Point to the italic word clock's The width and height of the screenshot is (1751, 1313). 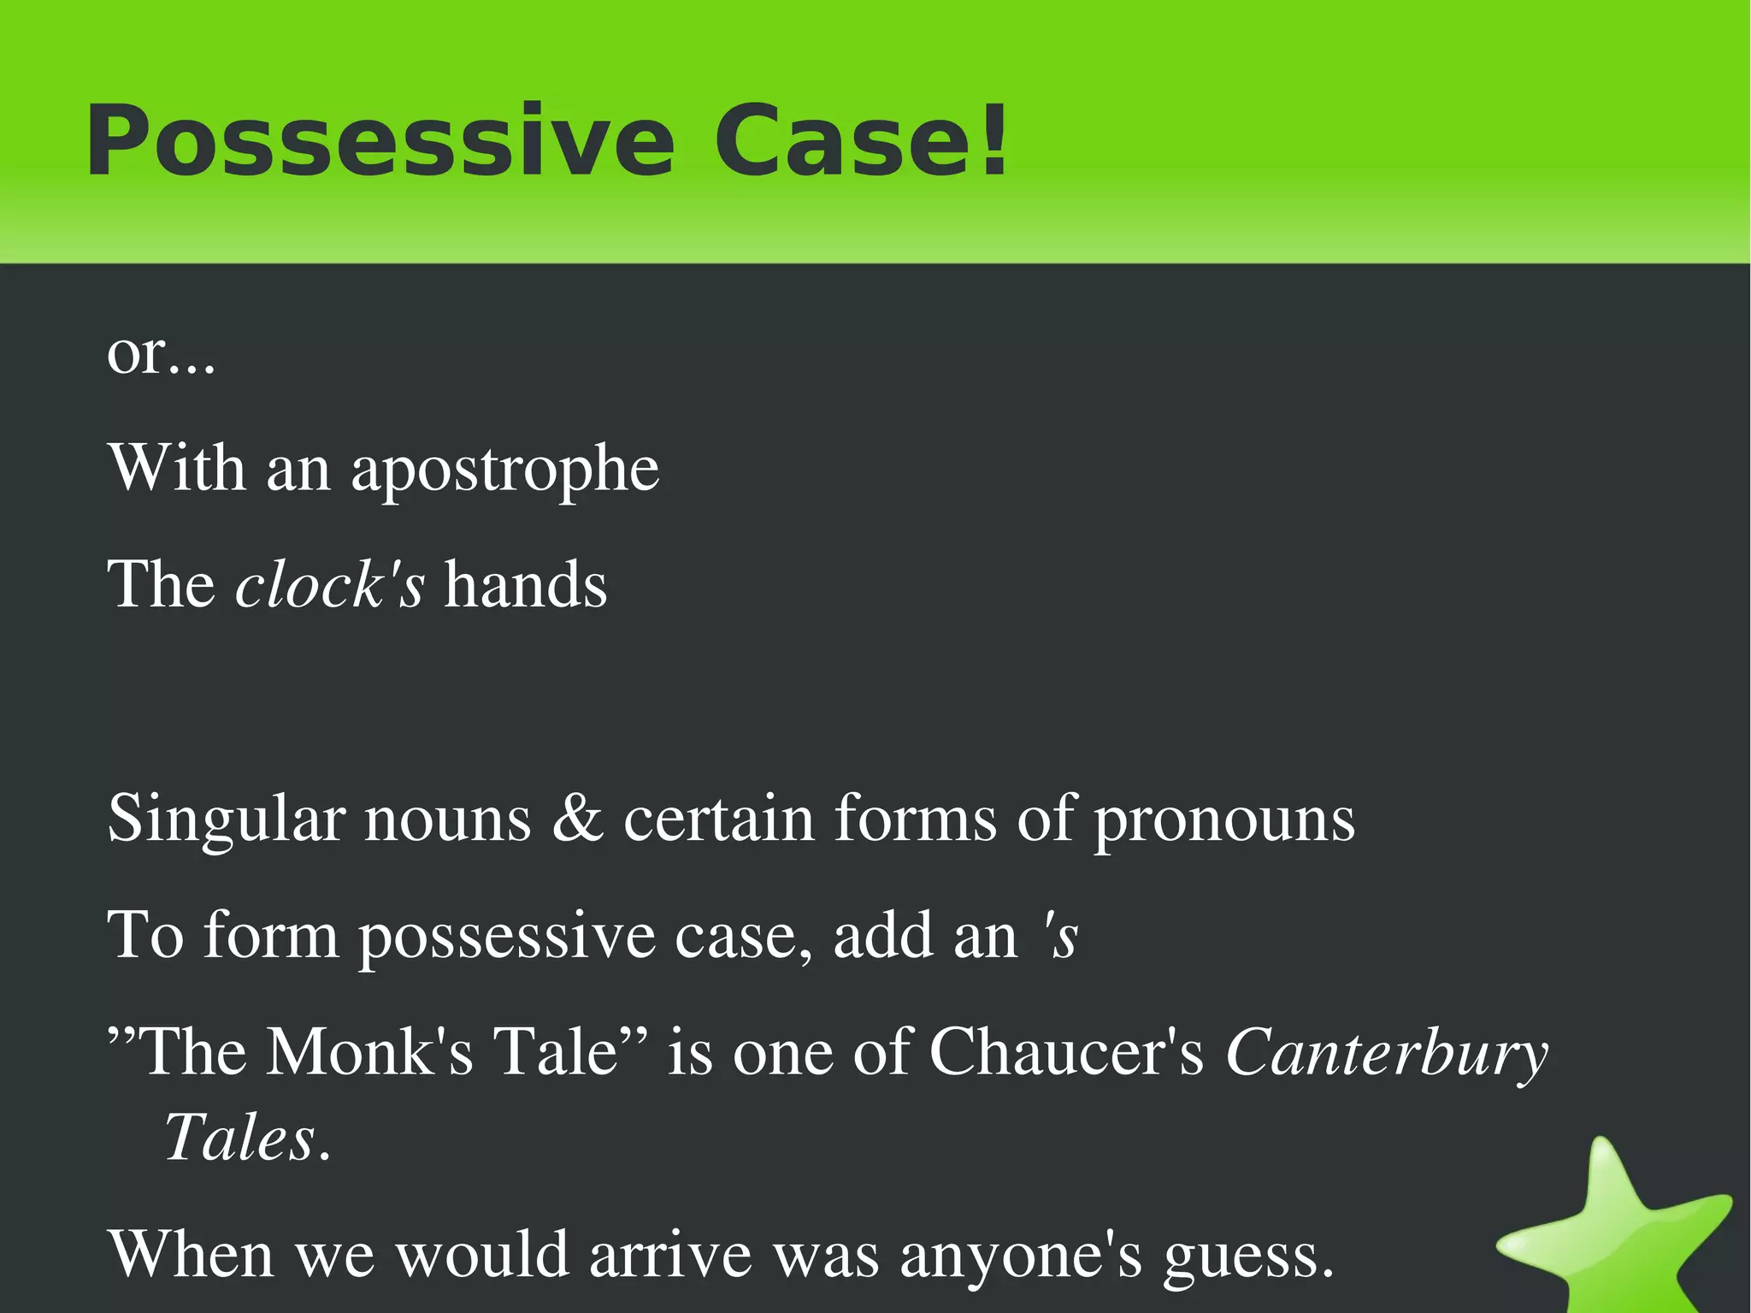coord(329,585)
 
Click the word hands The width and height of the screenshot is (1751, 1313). coord(525,585)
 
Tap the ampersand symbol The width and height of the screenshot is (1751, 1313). coord(577,819)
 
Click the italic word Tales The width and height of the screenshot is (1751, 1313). coord(240,1139)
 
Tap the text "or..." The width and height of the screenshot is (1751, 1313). coord(161,352)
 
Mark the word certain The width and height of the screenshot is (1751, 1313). coord(718,819)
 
